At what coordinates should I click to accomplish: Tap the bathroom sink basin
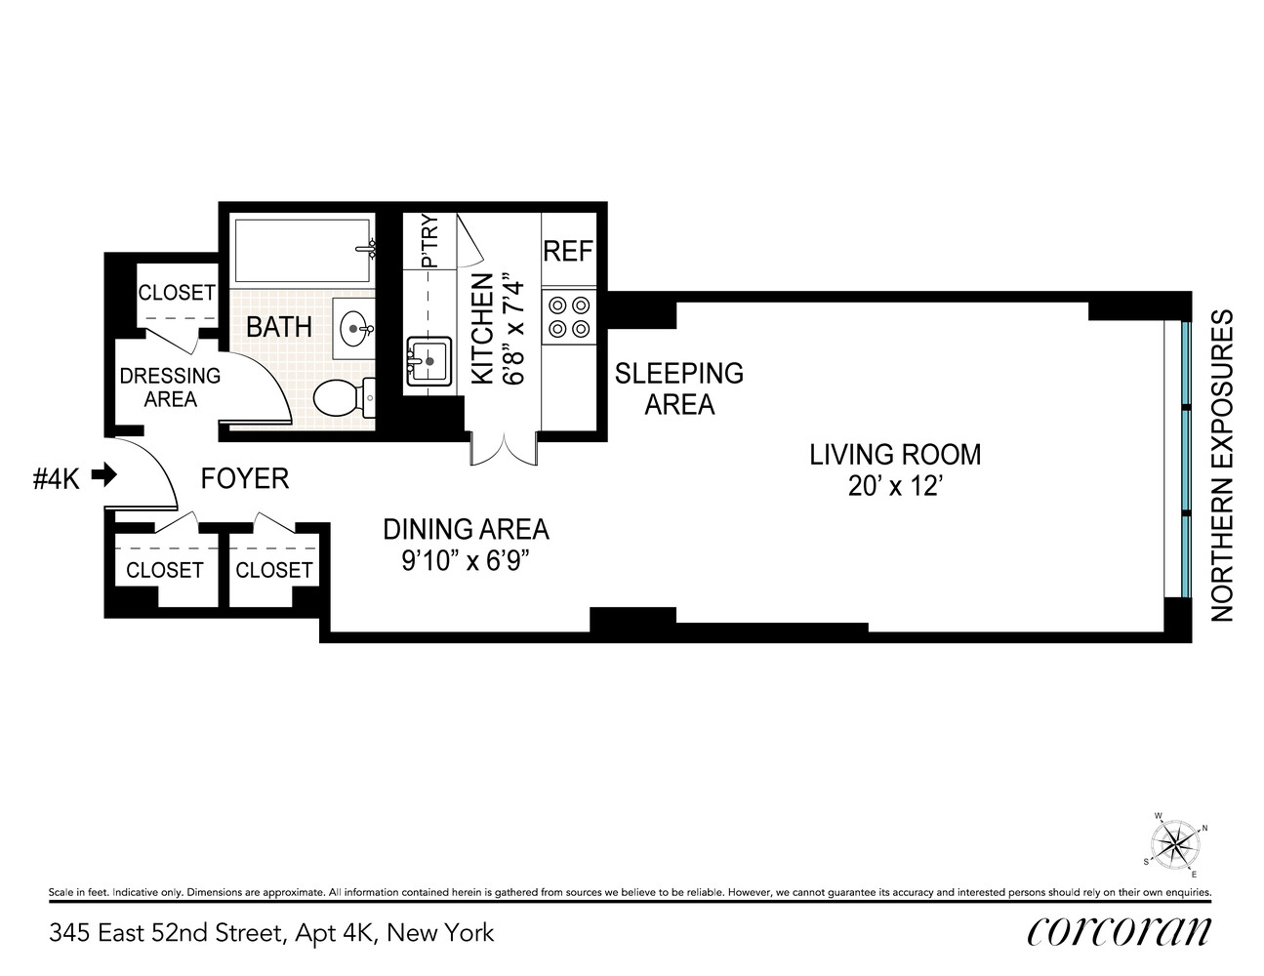pos(352,329)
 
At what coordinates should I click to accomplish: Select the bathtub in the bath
pos(301,250)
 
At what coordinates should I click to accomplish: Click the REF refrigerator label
pos(567,251)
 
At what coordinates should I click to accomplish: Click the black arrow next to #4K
pos(103,476)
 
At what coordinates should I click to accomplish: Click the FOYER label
pos(245,478)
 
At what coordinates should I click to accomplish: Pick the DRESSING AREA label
pos(170,387)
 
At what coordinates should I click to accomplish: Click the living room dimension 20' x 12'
pos(894,486)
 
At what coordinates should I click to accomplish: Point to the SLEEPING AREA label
pos(679,387)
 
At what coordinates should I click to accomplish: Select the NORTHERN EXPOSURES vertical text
pos(1223,466)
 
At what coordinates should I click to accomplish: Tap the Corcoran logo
pos(1119,931)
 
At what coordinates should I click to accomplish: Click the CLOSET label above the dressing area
pos(176,292)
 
